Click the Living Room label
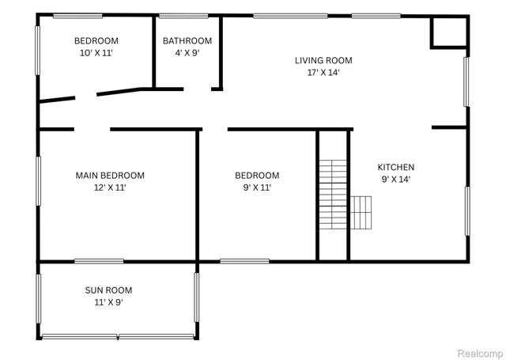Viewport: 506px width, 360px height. coord(323,60)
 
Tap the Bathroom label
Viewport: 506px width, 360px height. coord(187,41)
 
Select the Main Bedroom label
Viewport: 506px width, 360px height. coord(110,176)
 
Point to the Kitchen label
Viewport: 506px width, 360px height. coord(395,167)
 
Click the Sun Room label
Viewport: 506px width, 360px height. coord(108,290)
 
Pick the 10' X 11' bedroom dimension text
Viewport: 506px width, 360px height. coord(96,53)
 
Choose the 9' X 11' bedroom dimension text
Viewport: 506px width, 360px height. coord(257,188)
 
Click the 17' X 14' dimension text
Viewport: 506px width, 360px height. coord(323,72)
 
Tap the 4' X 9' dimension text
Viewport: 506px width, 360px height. coord(187,53)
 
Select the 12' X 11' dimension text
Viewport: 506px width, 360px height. coord(110,188)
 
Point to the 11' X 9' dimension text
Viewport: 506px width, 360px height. coord(108,302)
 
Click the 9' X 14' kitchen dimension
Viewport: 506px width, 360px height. coord(395,179)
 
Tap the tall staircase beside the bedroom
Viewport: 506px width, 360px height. coord(333,193)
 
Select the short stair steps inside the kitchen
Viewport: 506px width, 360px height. coord(361,211)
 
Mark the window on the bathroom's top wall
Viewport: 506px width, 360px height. coord(183,15)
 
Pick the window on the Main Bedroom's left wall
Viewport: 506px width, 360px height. coord(37,181)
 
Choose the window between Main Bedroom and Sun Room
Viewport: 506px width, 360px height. coord(99,260)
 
